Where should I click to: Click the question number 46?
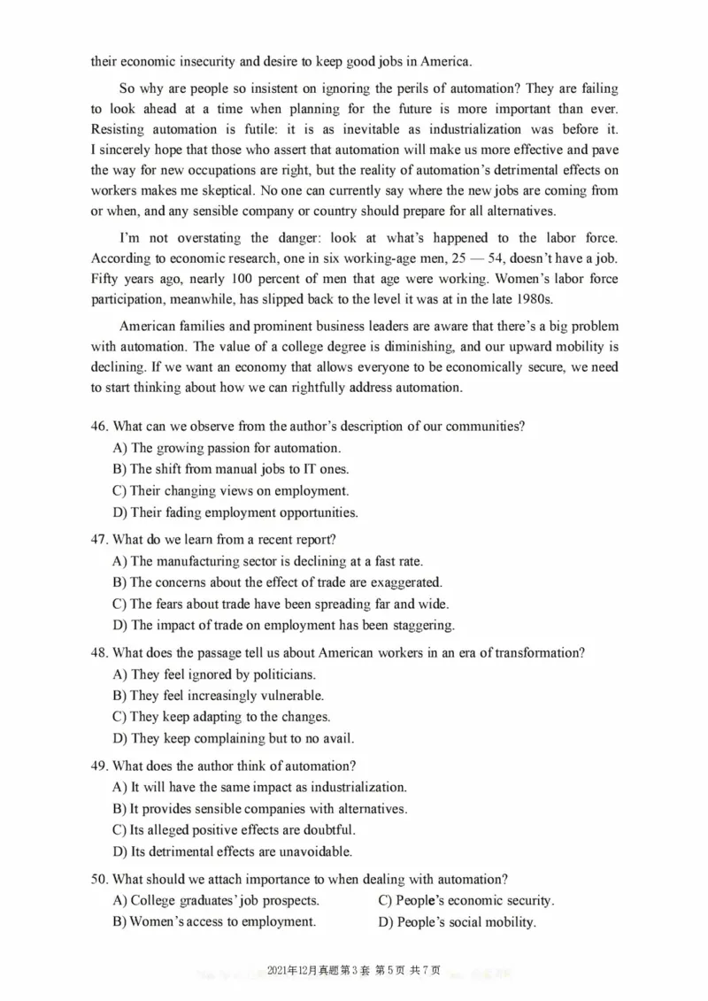[x=99, y=427]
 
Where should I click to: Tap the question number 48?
[x=99, y=653]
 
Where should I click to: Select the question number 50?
[x=99, y=879]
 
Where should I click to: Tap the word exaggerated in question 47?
[x=404, y=582]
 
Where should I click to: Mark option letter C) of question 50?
[x=386, y=901]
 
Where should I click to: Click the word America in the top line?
[x=444, y=61]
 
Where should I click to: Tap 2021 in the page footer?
[x=280, y=971]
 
